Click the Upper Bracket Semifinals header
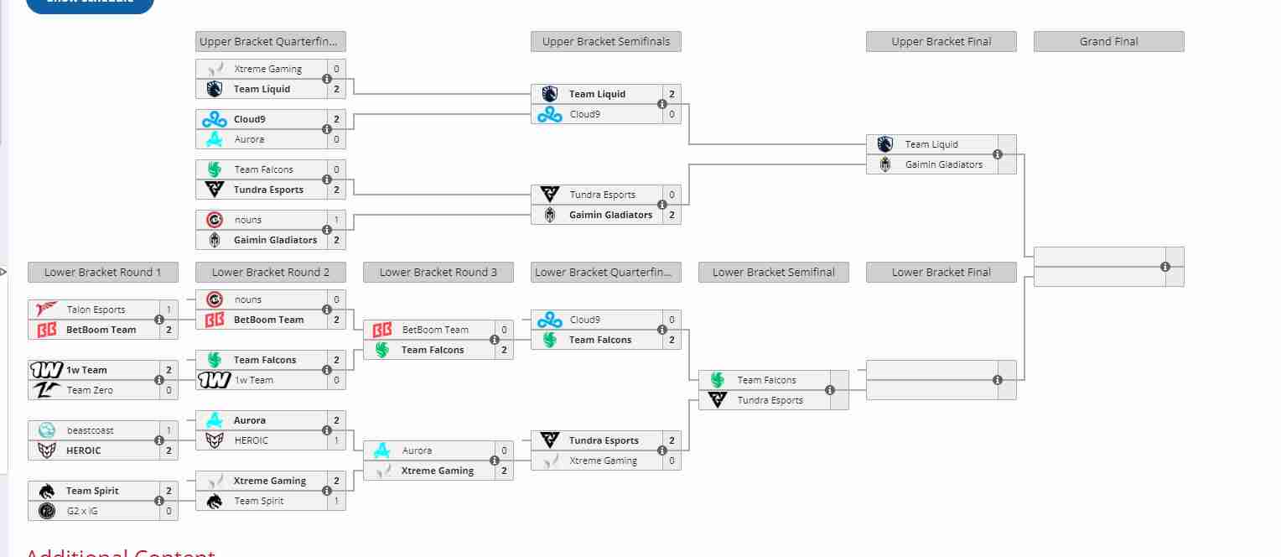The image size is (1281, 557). [x=605, y=42]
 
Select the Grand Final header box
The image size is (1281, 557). [x=1108, y=42]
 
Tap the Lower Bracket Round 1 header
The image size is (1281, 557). [x=102, y=273]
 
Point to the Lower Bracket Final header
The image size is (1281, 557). [x=941, y=273]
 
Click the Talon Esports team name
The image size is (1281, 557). [x=96, y=310]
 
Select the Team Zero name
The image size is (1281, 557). [x=90, y=390]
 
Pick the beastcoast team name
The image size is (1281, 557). [x=91, y=430]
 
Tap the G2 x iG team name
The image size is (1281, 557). [x=82, y=511]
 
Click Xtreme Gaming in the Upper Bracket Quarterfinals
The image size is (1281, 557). [x=267, y=69]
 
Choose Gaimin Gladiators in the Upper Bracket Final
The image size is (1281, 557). [x=943, y=164]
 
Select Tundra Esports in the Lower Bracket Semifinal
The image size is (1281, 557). [x=770, y=400]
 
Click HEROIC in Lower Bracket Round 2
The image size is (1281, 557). [x=252, y=440]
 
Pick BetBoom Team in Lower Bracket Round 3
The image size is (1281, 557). [x=435, y=330]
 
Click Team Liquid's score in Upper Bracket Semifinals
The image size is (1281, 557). [x=672, y=94]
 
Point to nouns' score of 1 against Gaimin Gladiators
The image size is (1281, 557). [x=336, y=220]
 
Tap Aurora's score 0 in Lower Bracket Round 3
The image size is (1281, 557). [x=504, y=450]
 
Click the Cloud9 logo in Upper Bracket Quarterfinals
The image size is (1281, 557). [x=215, y=119]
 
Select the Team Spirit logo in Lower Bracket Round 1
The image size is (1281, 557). [x=47, y=491]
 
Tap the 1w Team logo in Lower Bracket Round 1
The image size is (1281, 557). [x=46, y=370]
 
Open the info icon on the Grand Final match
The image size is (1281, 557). [x=1164, y=267]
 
